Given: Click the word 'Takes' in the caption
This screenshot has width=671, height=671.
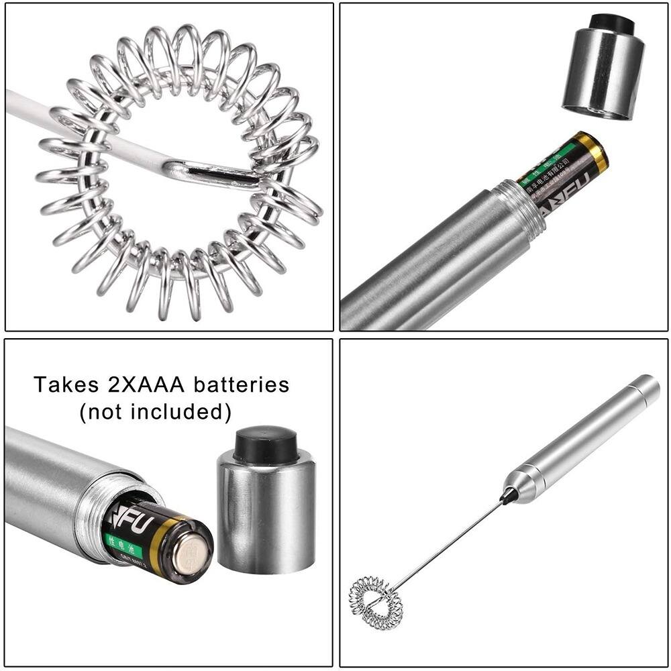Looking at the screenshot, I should (x=66, y=385).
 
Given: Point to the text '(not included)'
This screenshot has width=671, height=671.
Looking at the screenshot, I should (x=155, y=412).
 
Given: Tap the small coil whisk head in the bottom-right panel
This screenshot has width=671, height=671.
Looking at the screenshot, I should (x=376, y=603).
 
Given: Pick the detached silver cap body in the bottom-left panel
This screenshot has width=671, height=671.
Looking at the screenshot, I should (x=266, y=517).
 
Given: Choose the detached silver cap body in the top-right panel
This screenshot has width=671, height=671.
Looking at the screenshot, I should (x=602, y=74).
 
